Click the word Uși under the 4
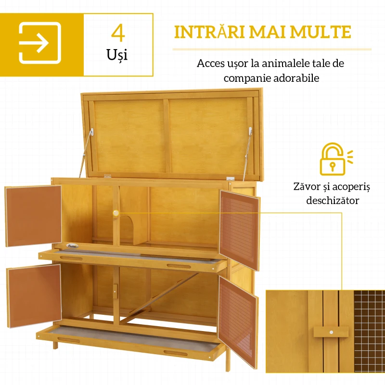click(x=118, y=54)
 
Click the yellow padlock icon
click(x=333, y=159)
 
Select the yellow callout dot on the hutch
click(x=115, y=212)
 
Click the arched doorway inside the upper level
click(x=127, y=228)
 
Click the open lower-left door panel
click(x=34, y=295)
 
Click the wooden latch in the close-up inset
click(x=331, y=332)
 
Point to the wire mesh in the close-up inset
click(x=369, y=337)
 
